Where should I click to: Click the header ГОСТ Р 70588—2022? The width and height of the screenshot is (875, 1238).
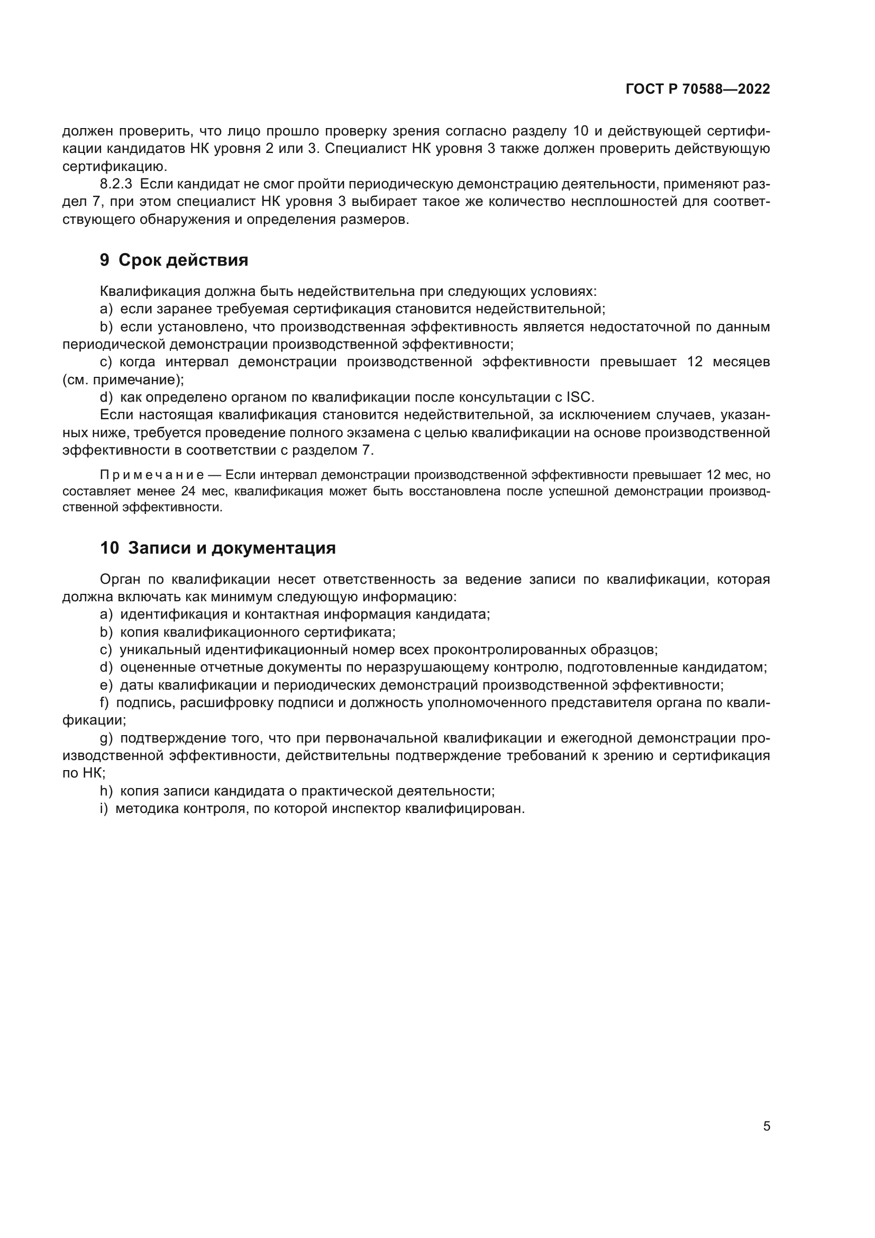pos(697,89)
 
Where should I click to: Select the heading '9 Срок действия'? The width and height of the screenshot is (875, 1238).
pos(174,260)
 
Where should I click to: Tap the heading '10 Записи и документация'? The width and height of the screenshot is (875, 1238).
pos(217,548)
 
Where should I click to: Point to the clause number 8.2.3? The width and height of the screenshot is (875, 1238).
pos(116,184)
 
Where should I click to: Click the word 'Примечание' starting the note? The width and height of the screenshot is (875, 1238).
pos(151,475)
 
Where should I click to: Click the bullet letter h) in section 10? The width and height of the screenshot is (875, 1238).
pos(106,791)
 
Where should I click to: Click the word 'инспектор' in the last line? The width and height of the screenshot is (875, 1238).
pos(365,809)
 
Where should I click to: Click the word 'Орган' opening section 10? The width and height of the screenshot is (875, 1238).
pos(119,580)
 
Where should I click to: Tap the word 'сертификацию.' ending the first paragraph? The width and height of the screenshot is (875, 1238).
pos(115,166)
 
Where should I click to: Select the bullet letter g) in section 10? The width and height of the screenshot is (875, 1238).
pos(106,738)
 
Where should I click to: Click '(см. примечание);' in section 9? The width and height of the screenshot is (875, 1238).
pos(123,379)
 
